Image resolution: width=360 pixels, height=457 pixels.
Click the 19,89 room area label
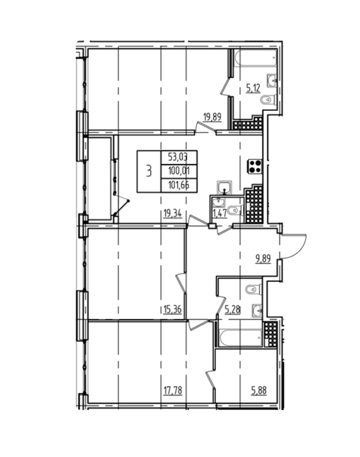(212, 117)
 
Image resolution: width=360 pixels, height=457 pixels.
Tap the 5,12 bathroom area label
(253, 87)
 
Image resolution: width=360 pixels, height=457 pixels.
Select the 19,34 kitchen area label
(172, 213)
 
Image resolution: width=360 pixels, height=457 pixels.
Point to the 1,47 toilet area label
(220, 213)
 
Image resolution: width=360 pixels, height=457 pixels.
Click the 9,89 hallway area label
(263, 259)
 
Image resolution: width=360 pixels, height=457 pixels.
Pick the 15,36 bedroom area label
(172, 309)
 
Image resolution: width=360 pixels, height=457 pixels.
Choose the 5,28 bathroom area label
(233, 309)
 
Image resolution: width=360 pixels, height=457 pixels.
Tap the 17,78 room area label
(173, 390)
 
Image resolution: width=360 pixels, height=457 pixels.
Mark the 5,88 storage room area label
(259, 390)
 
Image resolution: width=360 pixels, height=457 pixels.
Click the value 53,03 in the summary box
(178, 158)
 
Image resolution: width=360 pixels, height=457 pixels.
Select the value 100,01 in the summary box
(179, 171)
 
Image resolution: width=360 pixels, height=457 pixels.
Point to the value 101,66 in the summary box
(179, 185)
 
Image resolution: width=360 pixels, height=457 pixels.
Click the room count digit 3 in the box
(149, 171)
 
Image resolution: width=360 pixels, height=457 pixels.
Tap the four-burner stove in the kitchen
(254, 166)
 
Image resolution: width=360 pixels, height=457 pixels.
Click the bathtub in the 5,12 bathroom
(255, 58)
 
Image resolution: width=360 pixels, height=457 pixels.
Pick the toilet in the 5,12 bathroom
(268, 101)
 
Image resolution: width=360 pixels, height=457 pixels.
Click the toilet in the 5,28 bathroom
(254, 289)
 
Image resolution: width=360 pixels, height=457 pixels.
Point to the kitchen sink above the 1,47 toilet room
(224, 187)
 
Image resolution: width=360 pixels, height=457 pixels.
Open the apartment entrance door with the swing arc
(293, 245)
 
